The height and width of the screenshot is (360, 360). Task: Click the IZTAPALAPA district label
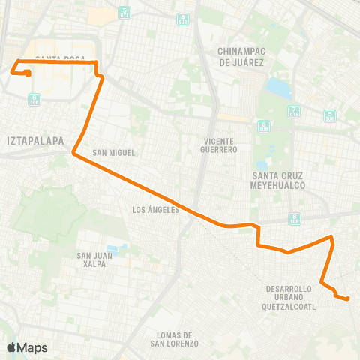[34, 139]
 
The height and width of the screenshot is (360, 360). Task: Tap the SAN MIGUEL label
[114, 153]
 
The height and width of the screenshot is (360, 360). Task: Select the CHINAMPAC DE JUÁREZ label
[241, 57]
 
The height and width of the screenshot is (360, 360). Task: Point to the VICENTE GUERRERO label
[220, 145]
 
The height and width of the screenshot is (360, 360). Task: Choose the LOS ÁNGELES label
[155, 210]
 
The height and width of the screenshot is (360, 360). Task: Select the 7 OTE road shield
[292, 112]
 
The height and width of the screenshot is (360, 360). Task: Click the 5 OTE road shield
[330, 115]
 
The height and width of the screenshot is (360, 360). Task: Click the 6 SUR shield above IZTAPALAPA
[33, 98]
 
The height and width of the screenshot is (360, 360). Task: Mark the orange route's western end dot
[28, 73]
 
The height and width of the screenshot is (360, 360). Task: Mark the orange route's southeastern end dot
[348, 299]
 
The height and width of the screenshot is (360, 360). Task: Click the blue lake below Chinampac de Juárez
[278, 88]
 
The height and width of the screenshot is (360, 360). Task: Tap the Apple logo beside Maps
[11, 347]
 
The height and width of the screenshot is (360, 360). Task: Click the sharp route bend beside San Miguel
[73, 154]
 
